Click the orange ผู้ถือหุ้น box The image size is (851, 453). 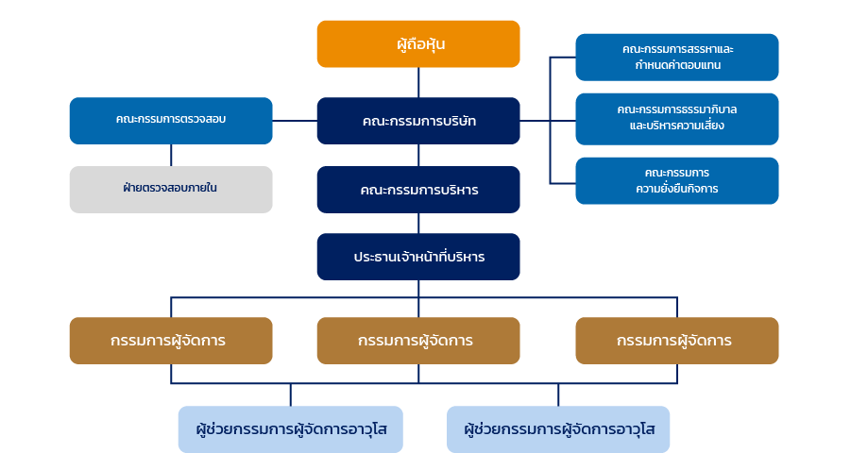tap(418, 44)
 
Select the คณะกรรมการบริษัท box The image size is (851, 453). tap(418, 121)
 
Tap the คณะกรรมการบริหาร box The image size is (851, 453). tap(418, 190)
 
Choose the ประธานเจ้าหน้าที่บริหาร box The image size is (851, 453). tap(418, 257)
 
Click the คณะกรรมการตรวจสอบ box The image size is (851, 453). tap(171, 121)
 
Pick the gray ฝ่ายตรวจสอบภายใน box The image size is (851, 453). tap(171, 190)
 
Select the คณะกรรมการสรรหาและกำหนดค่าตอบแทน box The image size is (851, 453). tap(677, 58)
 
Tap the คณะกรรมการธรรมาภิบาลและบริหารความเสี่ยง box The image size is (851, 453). tap(677, 119)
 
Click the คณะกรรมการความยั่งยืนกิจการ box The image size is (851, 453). tap(677, 181)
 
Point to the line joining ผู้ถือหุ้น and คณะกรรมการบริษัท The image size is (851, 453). tap(418, 82)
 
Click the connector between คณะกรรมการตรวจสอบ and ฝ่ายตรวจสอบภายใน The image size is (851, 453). tap(171, 155)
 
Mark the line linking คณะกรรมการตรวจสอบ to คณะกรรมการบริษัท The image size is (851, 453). tap(295, 121)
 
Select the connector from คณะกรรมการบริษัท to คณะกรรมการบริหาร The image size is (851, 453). tap(418, 155)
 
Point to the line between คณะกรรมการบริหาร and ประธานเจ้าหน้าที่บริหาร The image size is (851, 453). tap(418, 223)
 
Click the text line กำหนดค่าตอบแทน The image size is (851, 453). tap(678, 65)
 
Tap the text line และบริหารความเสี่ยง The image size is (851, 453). tap(677, 126)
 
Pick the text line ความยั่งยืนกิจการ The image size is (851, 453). tap(677, 189)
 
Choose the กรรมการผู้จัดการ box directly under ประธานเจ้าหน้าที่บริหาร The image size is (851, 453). tap(418, 341)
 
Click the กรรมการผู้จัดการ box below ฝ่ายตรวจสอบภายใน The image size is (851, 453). tap(171, 341)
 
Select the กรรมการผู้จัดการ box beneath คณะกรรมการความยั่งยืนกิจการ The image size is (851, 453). tap(677, 341)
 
